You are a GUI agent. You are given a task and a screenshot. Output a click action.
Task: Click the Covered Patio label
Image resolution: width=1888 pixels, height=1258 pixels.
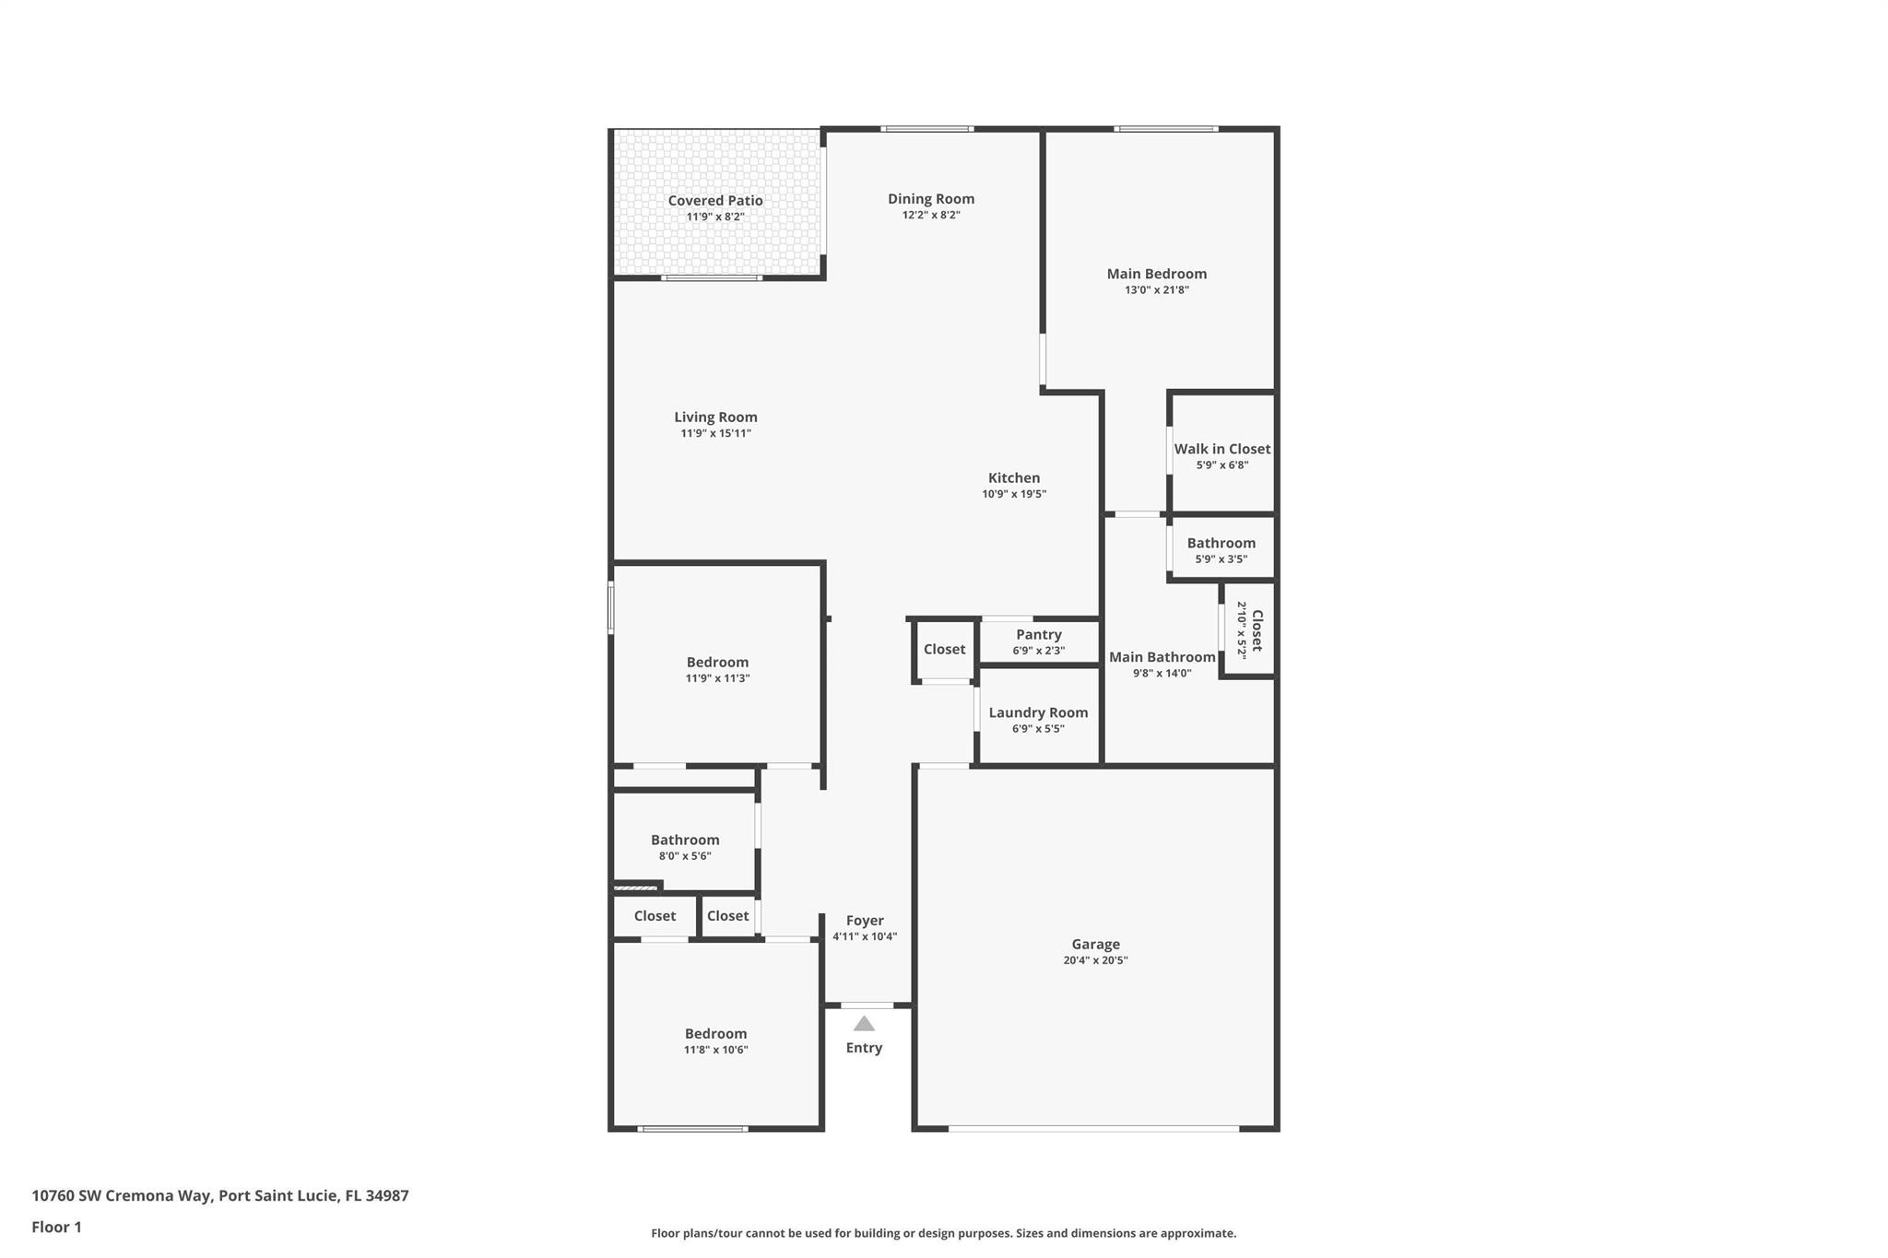click(x=714, y=201)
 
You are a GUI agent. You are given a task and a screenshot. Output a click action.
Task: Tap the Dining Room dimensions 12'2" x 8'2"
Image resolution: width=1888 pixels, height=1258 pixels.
click(x=930, y=216)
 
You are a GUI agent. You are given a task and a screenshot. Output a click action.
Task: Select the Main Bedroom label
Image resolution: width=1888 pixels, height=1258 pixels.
click(x=1156, y=274)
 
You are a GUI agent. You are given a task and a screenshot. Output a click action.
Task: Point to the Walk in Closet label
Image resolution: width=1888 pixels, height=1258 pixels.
click(x=1221, y=449)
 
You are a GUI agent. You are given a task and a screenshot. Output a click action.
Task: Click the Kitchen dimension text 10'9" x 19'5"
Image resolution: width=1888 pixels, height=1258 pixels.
click(x=1013, y=494)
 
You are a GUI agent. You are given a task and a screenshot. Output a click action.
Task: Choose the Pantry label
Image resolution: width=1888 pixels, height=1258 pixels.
click(x=1038, y=635)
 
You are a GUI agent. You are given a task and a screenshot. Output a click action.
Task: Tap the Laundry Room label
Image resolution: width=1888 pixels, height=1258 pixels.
click(x=1038, y=712)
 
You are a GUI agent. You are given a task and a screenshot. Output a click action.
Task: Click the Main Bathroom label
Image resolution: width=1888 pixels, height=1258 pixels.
click(x=1162, y=657)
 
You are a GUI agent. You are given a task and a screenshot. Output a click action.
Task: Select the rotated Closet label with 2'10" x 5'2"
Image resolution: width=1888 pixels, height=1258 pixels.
click(x=1256, y=629)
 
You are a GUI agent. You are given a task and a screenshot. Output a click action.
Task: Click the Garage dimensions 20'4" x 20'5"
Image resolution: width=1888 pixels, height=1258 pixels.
click(x=1095, y=960)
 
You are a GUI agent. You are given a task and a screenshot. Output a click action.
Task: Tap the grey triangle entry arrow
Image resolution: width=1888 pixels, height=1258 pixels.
click(x=864, y=1024)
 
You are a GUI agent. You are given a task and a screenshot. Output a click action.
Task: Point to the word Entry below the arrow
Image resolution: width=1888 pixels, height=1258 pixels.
click(x=864, y=1048)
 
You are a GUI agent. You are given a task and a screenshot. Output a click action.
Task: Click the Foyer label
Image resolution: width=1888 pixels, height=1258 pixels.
click(x=865, y=921)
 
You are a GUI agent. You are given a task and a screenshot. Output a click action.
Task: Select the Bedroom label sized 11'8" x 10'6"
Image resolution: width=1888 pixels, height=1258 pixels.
click(x=715, y=1034)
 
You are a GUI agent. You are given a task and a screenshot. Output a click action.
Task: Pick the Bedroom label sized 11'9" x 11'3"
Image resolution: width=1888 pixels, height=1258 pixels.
click(x=717, y=663)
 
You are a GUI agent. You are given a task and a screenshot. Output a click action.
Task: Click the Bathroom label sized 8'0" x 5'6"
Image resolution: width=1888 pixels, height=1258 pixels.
click(x=685, y=840)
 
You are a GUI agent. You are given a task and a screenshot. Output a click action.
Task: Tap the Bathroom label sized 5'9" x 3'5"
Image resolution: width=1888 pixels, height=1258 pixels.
click(x=1221, y=543)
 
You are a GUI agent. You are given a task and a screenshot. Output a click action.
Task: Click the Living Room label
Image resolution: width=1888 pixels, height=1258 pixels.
click(x=715, y=417)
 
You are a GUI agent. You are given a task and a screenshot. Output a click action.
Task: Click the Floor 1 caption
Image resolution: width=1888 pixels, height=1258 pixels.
click(x=56, y=1227)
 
